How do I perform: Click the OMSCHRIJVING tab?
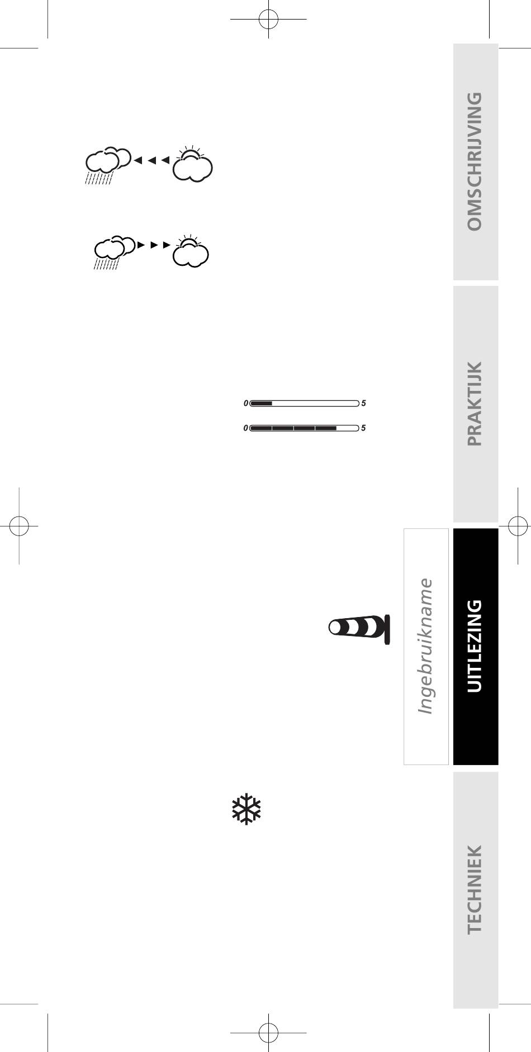pyautogui.click(x=475, y=161)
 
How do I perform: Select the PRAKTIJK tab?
pyautogui.click(x=475, y=404)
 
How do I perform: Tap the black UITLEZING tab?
pyautogui.click(x=475, y=646)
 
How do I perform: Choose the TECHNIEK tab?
pyautogui.click(x=475, y=890)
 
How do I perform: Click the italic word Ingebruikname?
pyautogui.click(x=426, y=646)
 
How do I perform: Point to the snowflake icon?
pyautogui.click(x=246, y=810)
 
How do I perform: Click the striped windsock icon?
pyautogui.click(x=359, y=629)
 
